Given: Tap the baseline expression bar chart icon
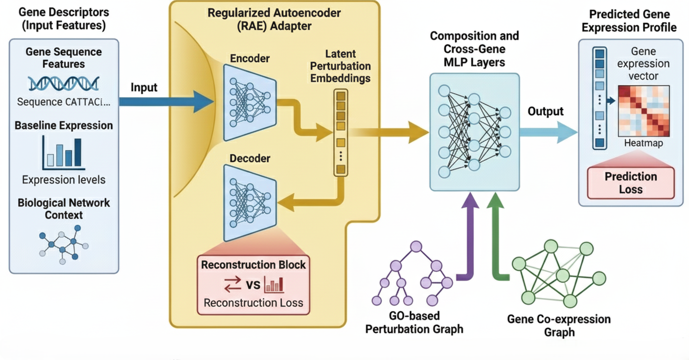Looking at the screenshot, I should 64,153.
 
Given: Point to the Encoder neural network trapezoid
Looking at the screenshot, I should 250,101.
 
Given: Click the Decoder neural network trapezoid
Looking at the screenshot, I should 250,202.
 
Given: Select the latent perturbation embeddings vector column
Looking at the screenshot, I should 341,132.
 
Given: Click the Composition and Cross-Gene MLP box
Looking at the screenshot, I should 474,132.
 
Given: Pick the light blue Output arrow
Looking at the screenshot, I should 547,132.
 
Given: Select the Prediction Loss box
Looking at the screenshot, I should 631,183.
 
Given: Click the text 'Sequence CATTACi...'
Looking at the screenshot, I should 64,102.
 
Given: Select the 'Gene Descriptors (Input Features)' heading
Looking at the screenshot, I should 64,19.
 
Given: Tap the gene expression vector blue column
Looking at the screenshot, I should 599,98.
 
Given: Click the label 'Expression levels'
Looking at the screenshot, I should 64,180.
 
